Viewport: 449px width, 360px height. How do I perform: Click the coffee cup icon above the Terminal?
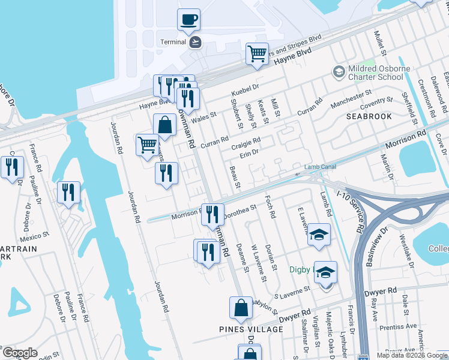(x=188, y=20)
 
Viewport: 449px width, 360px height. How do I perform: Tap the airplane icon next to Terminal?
(x=194, y=42)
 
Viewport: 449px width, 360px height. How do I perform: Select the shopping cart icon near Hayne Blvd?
(x=257, y=53)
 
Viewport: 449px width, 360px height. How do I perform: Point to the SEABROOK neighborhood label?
(x=369, y=116)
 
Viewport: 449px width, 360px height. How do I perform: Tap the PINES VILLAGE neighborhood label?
(x=251, y=329)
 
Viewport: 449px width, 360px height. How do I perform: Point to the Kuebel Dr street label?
(x=245, y=89)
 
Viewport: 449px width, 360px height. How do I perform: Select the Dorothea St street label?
(x=240, y=210)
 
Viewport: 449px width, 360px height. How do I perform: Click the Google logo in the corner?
(x=20, y=353)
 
